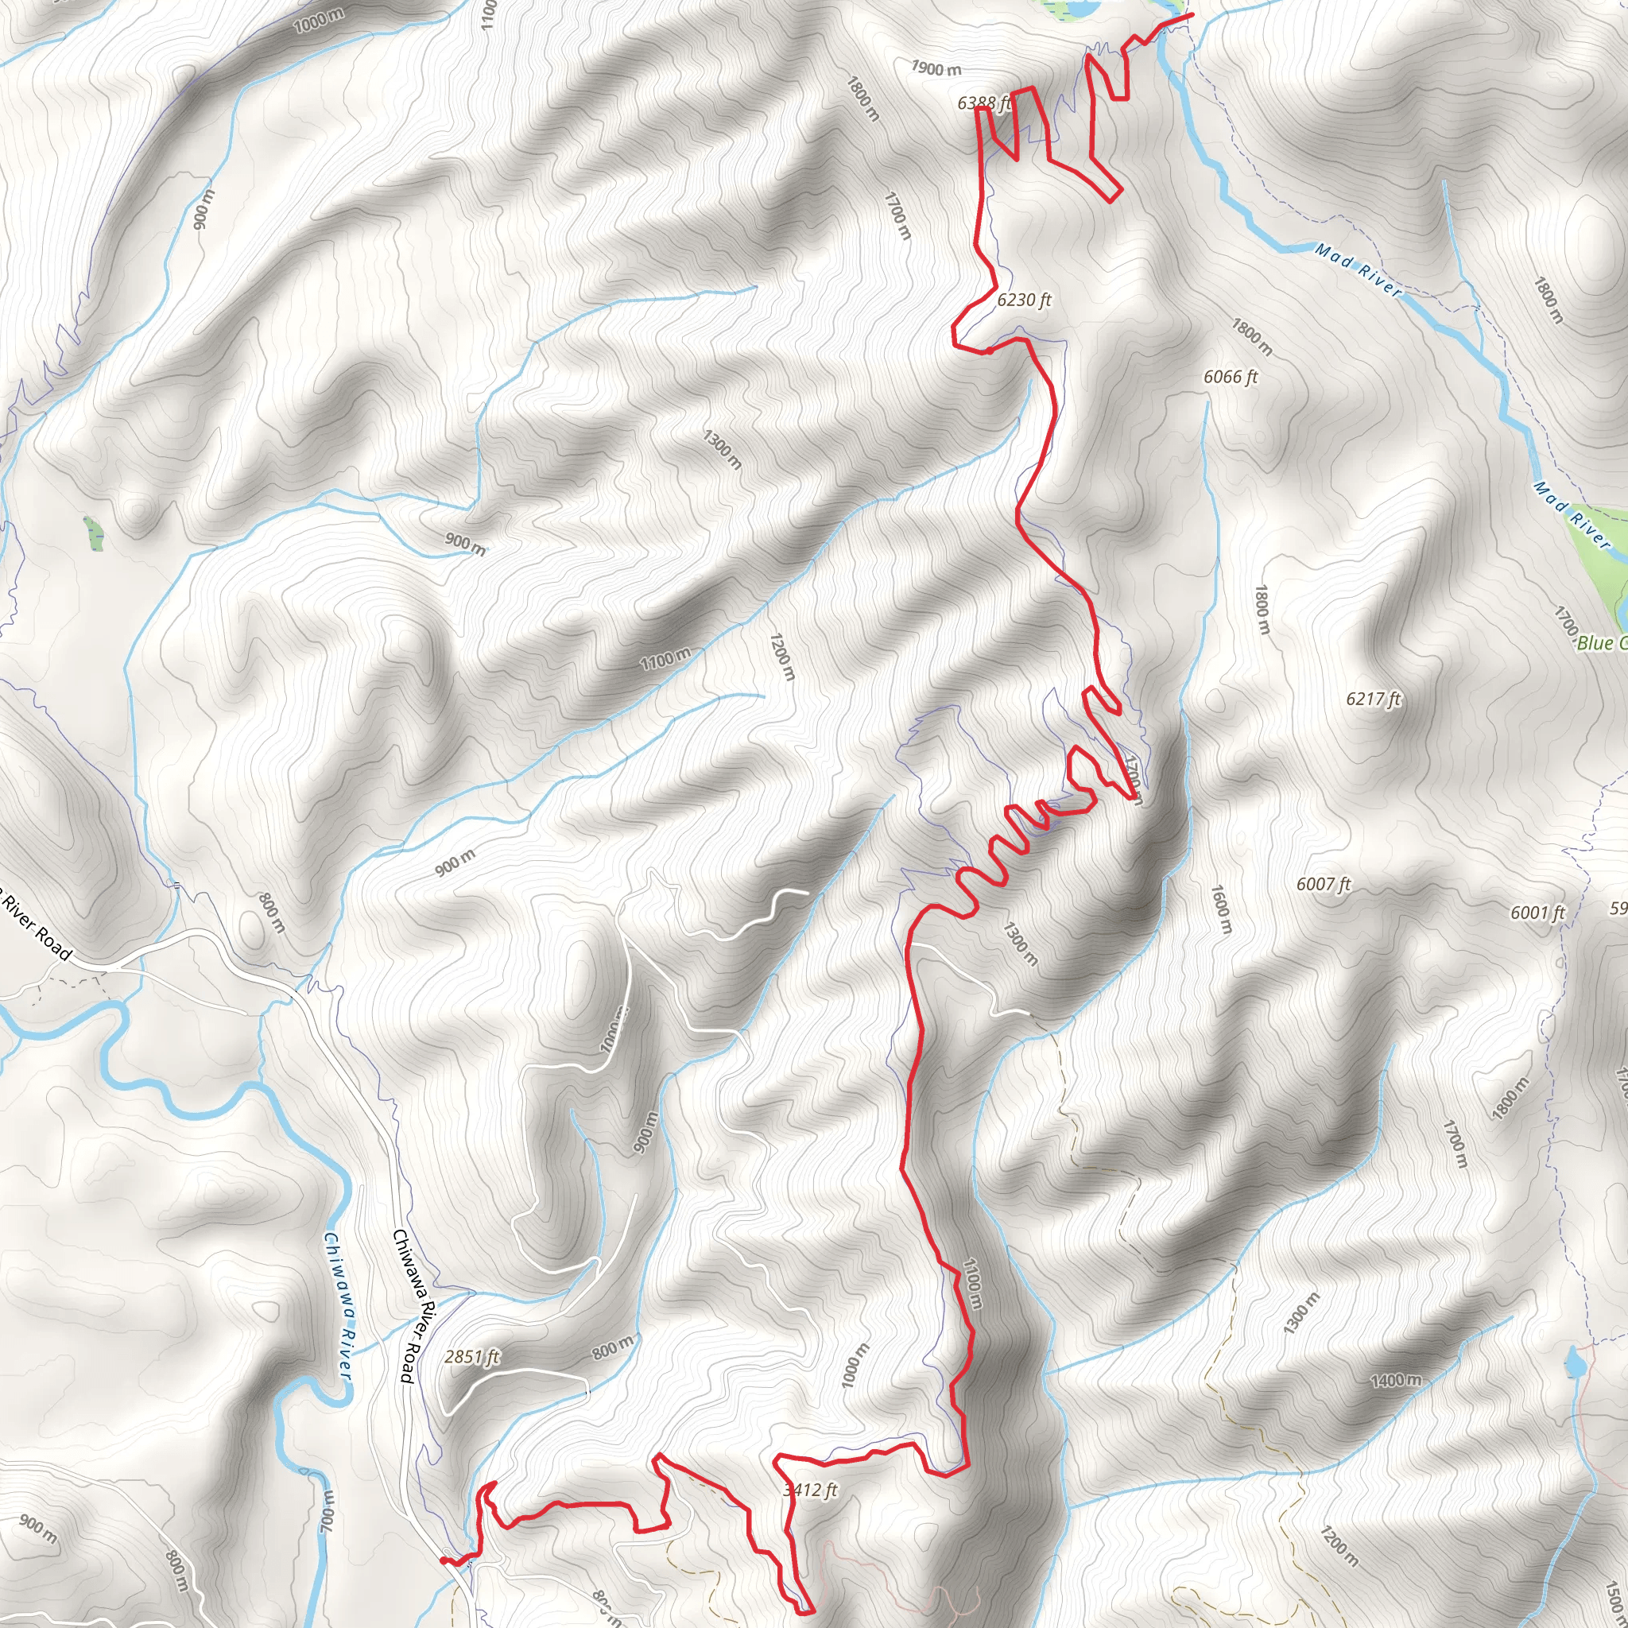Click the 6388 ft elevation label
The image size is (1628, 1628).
click(x=983, y=103)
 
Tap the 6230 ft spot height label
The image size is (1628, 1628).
click(x=1024, y=300)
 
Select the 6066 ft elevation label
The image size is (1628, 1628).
click(x=1231, y=377)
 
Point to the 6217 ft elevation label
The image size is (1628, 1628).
click(x=1373, y=699)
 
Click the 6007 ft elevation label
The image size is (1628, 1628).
click(x=1323, y=884)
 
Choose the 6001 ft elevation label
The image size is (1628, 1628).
click(x=1537, y=913)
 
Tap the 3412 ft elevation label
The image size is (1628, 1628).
click(x=810, y=1490)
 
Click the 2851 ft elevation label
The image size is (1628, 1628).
click(x=472, y=1357)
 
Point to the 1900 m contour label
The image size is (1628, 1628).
click(x=936, y=68)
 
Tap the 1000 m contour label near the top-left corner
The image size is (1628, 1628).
click(x=320, y=20)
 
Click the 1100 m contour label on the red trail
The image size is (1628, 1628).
click(x=971, y=1283)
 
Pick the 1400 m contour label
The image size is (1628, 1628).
click(x=1396, y=1380)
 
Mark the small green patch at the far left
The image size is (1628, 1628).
click(x=94, y=533)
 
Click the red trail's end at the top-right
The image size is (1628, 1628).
click(x=1192, y=14)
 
